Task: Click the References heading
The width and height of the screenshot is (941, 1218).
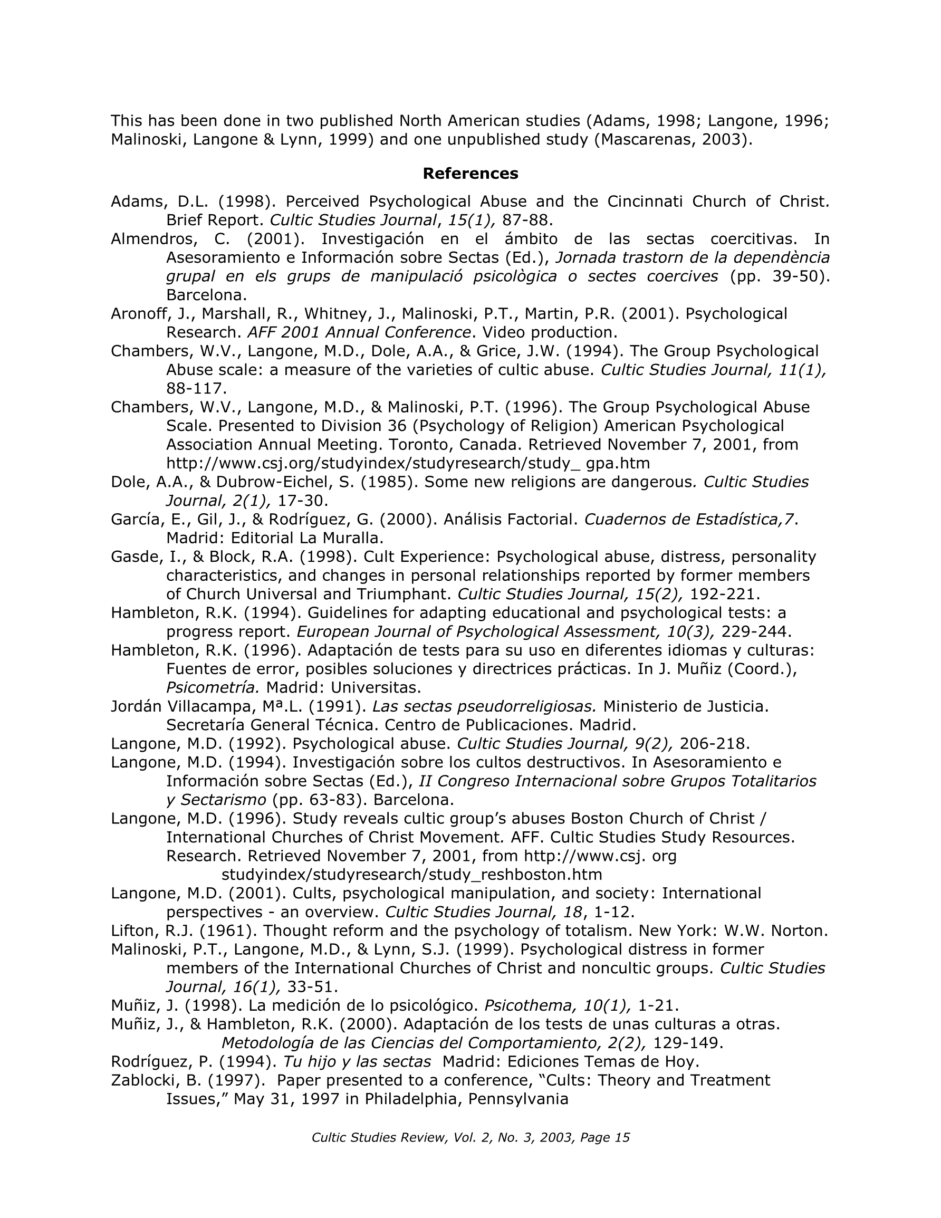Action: tap(470, 174)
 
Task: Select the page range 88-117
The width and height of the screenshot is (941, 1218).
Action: tap(196, 388)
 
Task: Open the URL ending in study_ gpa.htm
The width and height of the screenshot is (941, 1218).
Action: tap(408, 463)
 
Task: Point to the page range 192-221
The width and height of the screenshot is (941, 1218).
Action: tap(725, 594)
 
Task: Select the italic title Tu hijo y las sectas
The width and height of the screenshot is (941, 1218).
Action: tap(357, 1061)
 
